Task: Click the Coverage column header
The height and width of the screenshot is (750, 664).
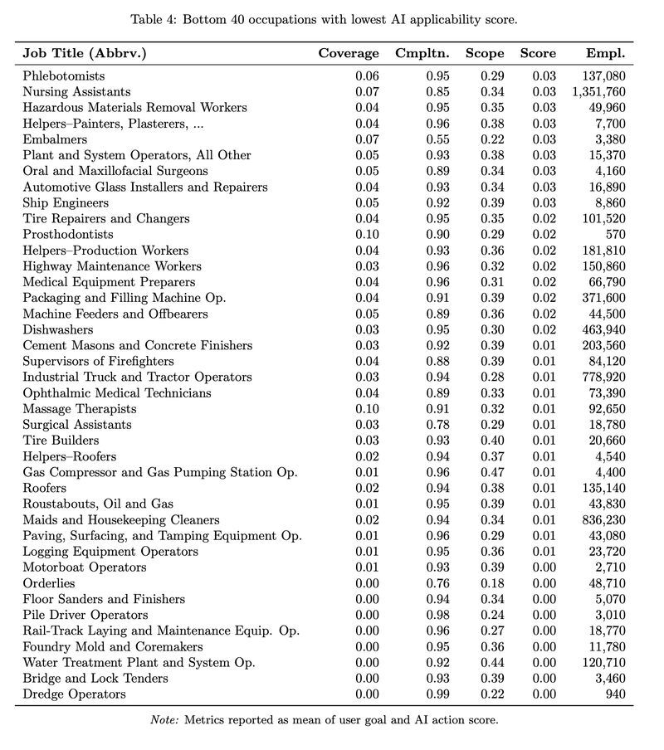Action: (x=349, y=54)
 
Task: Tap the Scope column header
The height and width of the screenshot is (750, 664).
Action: (x=485, y=54)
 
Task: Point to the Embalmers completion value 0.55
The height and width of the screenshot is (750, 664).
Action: (x=437, y=139)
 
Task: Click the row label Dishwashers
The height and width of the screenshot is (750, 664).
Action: (x=58, y=329)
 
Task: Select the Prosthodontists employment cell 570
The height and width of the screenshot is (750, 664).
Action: (x=615, y=235)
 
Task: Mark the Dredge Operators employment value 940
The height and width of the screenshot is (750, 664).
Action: (x=615, y=694)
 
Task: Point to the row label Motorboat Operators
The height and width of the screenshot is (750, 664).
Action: (x=85, y=567)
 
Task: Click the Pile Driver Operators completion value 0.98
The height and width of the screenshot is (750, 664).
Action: (x=437, y=616)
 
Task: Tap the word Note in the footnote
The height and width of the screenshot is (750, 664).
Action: (x=164, y=720)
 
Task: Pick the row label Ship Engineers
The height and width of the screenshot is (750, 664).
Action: (x=66, y=203)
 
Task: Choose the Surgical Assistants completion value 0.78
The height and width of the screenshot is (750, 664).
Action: (x=437, y=425)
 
